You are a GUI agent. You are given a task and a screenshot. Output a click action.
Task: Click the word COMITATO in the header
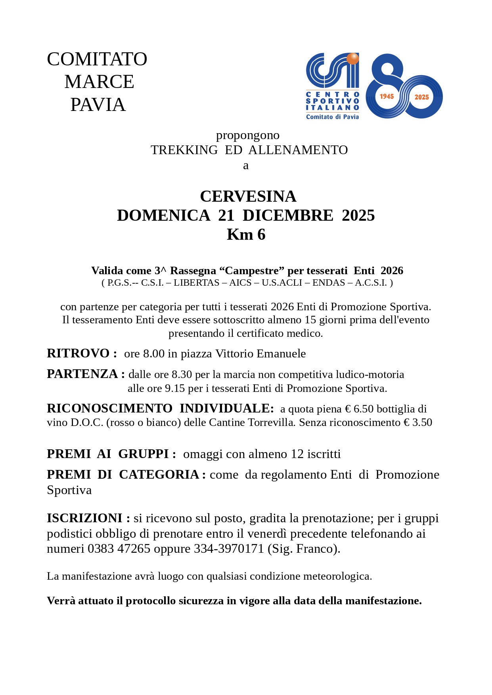[97, 59]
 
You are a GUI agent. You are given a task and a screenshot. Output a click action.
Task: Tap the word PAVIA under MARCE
[98, 105]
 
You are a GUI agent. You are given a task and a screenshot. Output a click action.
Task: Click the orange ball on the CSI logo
[352, 59]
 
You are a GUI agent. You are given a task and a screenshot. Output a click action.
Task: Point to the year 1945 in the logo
[387, 96]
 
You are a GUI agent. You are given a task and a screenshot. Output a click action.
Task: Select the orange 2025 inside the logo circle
[421, 97]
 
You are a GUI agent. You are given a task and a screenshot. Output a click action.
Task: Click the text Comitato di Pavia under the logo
[332, 117]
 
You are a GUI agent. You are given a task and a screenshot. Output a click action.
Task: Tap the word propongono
[248, 135]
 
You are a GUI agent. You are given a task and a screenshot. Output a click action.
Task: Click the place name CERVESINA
[248, 196]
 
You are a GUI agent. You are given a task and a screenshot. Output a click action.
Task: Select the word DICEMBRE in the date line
[288, 215]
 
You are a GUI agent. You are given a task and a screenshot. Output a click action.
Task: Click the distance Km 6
[246, 235]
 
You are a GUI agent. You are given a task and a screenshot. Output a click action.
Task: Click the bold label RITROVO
[78, 353]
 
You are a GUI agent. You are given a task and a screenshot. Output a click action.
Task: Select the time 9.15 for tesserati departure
[175, 388]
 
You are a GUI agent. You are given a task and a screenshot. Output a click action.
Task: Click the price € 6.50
[359, 409]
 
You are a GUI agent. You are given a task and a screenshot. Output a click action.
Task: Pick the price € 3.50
[417, 422]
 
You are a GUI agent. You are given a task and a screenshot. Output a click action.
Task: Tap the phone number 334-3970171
[229, 549]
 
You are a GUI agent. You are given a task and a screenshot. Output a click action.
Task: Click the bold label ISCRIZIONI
[84, 518]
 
